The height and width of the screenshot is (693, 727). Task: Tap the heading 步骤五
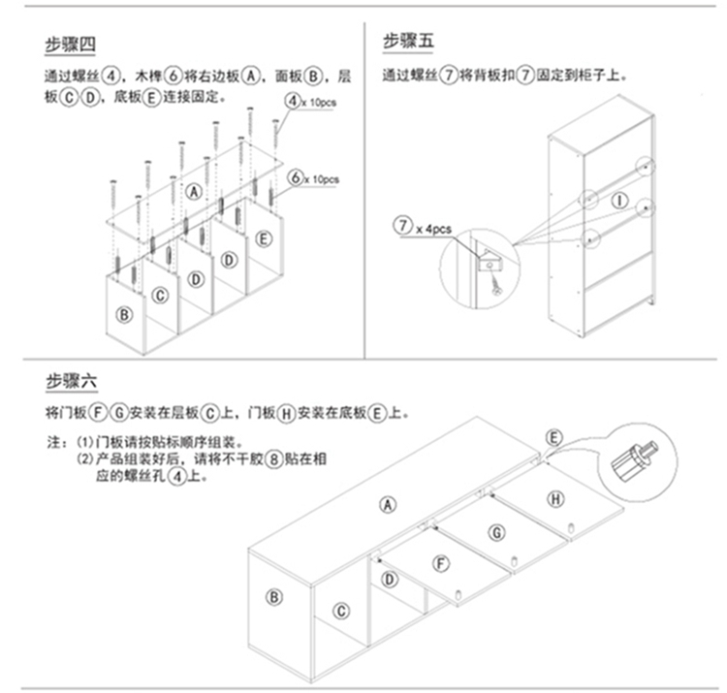click(409, 41)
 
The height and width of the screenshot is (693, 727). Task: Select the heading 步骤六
click(71, 381)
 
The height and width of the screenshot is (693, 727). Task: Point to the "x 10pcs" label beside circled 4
click(317, 101)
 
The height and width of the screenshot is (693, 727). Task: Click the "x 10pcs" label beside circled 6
click(321, 178)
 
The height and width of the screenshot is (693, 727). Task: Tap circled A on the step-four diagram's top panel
click(194, 192)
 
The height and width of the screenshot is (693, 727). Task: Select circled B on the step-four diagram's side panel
click(124, 314)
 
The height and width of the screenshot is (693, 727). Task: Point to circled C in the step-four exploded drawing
click(161, 296)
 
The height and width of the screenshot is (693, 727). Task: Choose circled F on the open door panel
click(440, 562)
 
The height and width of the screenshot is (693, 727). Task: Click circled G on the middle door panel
click(495, 531)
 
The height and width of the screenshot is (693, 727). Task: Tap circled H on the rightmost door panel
click(554, 499)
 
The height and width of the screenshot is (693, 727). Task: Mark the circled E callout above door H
click(553, 438)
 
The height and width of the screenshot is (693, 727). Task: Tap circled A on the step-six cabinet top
click(388, 504)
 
